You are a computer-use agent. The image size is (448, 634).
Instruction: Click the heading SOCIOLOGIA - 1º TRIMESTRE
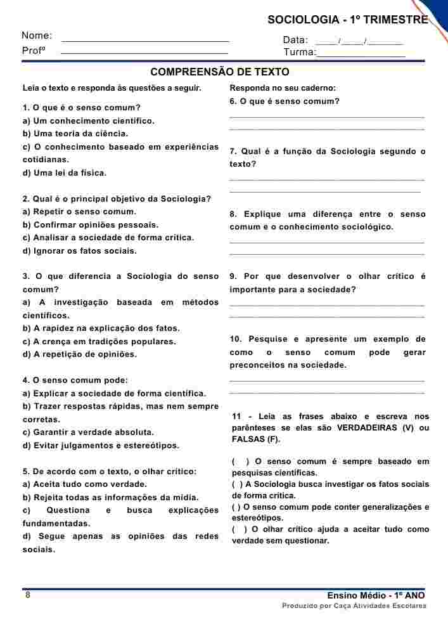pos(347,20)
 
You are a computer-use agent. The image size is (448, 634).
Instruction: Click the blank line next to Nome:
pos(145,40)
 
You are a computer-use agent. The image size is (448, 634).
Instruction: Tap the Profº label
pos(34,51)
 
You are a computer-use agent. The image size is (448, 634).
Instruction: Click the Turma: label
pos(299,53)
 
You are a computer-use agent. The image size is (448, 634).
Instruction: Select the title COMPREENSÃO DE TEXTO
pos(220,72)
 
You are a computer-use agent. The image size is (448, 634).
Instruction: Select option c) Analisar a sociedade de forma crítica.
pos(108,238)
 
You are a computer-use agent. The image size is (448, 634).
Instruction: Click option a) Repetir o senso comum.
pos(79,212)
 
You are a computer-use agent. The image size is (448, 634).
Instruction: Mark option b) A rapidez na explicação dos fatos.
pos(101,328)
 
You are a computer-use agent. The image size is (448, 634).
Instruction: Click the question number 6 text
pos(285,101)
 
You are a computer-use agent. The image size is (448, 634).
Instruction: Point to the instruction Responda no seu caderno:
pos(283,88)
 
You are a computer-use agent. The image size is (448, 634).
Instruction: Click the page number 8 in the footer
pos(28,595)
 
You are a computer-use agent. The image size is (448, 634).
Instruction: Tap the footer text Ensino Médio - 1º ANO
pos(376,596)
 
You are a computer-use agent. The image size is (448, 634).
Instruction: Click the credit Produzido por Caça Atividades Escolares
pos(354,606)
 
